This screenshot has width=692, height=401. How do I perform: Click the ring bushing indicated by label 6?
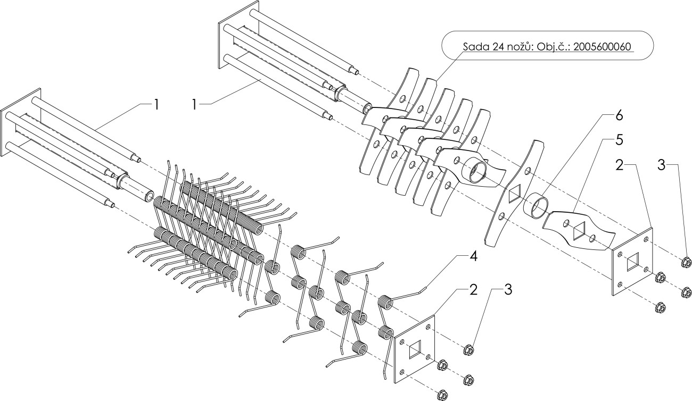(x=535, y=205)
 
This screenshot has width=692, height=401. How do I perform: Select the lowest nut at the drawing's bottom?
(x=442, y=394)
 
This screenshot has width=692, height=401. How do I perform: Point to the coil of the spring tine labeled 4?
(x=385, y=302)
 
